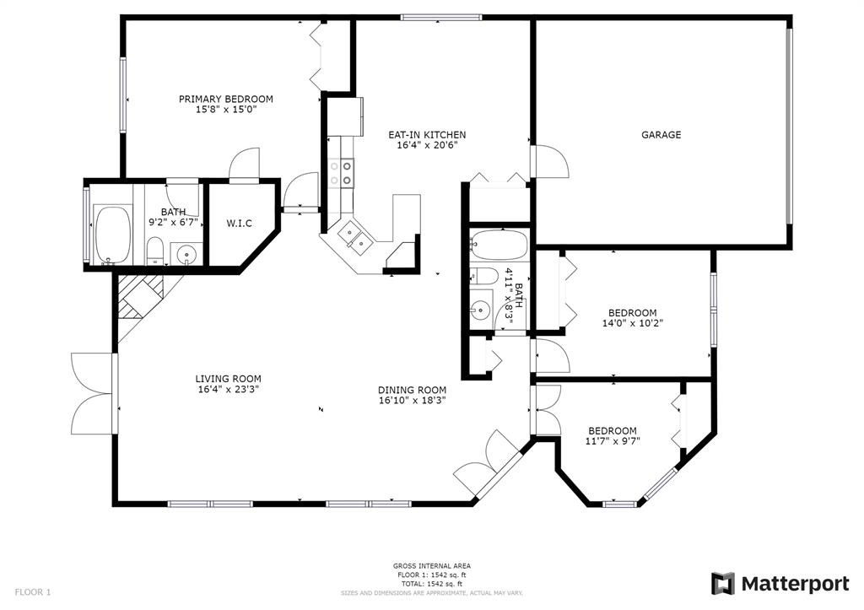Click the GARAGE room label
pyautogui.click(x=661, y=134)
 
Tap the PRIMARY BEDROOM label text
pyautogui.click(x=226, y=100)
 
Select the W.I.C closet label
pyautogui.click(x=239, y=224)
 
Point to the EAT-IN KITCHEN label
pyautogui.click(x=427, y=134)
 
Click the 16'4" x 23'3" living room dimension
pyautogui.click(x=228, y=389)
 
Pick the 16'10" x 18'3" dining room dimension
pyautogui.click(x=412, y=401)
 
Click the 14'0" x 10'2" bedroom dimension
pyautogui.click(x=633, y=323)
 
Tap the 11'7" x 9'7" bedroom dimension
pyautogui.click(x=613, y=440)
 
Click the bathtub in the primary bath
pyautogui.click(x=113, y=235)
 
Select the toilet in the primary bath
pyautogui.click(x=155, y=251)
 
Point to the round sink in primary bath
pyautogui.click(x=187, y=255)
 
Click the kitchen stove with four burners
pyautogui.click(x=341, y=172)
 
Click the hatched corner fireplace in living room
pyautogui.click(x=141, y=296)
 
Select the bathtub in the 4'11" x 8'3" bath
pyautogui.click(x=499, y=246)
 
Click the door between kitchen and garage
pyautogui.click(x=549, y=161)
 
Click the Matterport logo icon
pyautogui.click(x=723, y=584)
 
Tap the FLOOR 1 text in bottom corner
pyautogui.click(x=33, y=592)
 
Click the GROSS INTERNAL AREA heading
pyautogui.click(x=431, y=566)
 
